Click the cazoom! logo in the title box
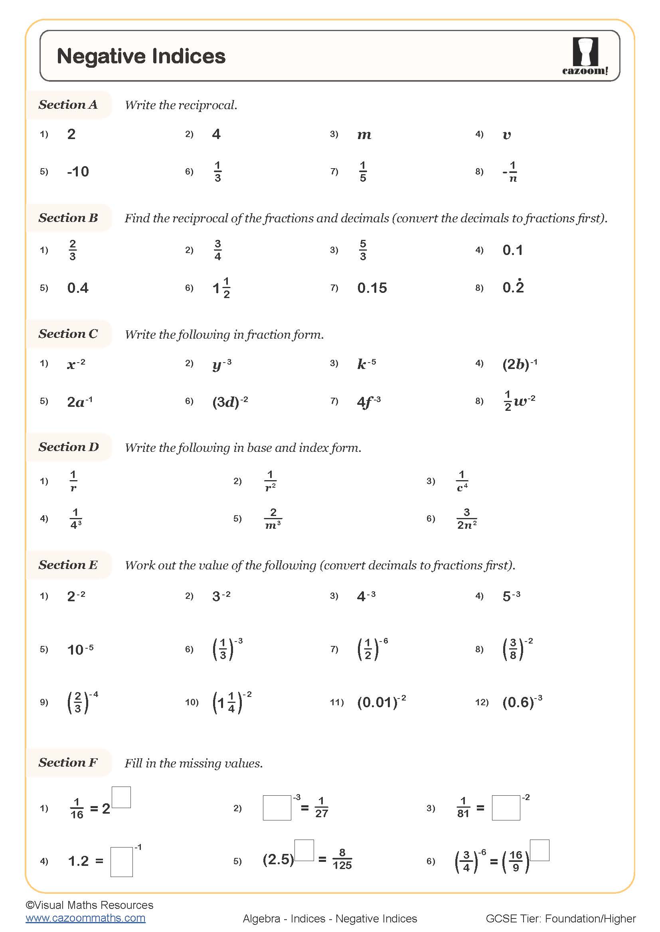(585, 56)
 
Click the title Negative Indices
(140, 56)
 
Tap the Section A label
(68, 105)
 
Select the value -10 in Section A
(78, 171)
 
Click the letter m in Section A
(364, 135)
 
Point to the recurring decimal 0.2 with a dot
(513, 287)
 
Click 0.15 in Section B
(372, 288)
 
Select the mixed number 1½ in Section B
(221, 288)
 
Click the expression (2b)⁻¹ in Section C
(519, 364)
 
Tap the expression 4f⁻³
(368, 402)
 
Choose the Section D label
(68, 447)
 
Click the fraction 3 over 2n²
(466, 519)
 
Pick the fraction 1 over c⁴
(462, 481)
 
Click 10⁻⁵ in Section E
(80, 649)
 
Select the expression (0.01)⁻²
(381, 702)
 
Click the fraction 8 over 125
(342, 859)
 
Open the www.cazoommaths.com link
(85, 918)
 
